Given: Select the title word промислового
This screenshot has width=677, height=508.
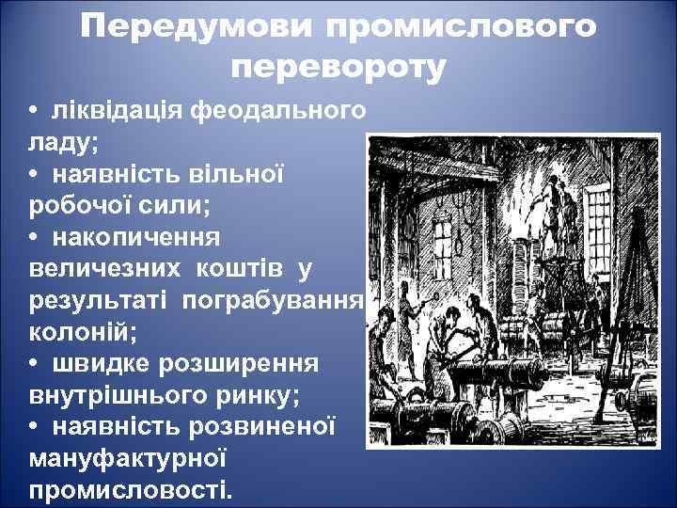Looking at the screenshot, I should tap(461, 28).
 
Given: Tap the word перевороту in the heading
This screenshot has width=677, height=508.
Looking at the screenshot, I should tap(338, 69).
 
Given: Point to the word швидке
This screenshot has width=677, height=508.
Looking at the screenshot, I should tap(103, 364).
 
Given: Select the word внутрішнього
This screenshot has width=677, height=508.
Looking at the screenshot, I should tap(118, 396).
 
